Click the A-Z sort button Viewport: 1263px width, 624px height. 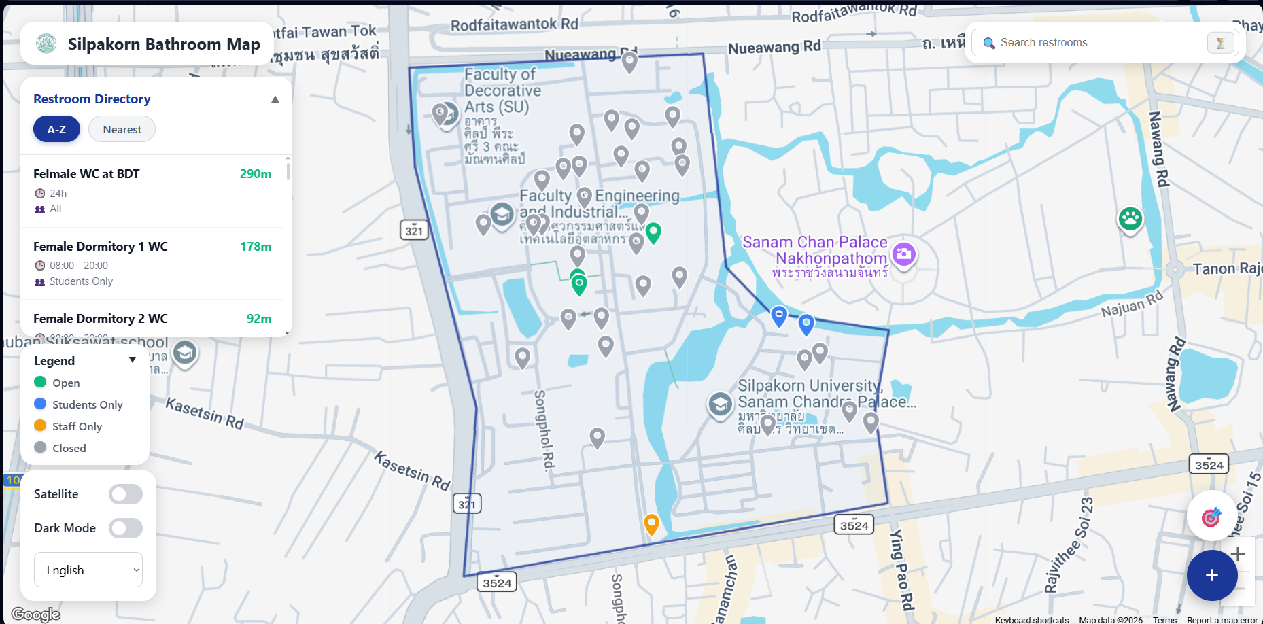coord(56,129)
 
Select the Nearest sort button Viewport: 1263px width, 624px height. coord(122,129)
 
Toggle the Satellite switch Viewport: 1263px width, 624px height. coord(126,494)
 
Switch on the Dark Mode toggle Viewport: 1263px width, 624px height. coord(126,528)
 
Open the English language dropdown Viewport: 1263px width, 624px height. coord(88,570)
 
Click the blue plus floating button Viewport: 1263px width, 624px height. coord(1211,575)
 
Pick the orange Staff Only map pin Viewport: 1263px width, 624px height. coord(651,523)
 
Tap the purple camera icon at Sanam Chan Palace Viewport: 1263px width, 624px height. coord(903,255)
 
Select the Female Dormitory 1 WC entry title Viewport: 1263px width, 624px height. coord(101,247)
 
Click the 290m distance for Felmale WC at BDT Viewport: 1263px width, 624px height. coord(255,174)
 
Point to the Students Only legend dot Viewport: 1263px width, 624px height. coord(40,404)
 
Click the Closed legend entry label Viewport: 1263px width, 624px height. coord(69,448)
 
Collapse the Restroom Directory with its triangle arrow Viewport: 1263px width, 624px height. coord(275,99)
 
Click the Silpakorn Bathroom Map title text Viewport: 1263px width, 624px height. coord(164,44)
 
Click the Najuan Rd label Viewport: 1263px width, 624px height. coord(1132,304)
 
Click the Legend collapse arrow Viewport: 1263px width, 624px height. coord(133,360)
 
